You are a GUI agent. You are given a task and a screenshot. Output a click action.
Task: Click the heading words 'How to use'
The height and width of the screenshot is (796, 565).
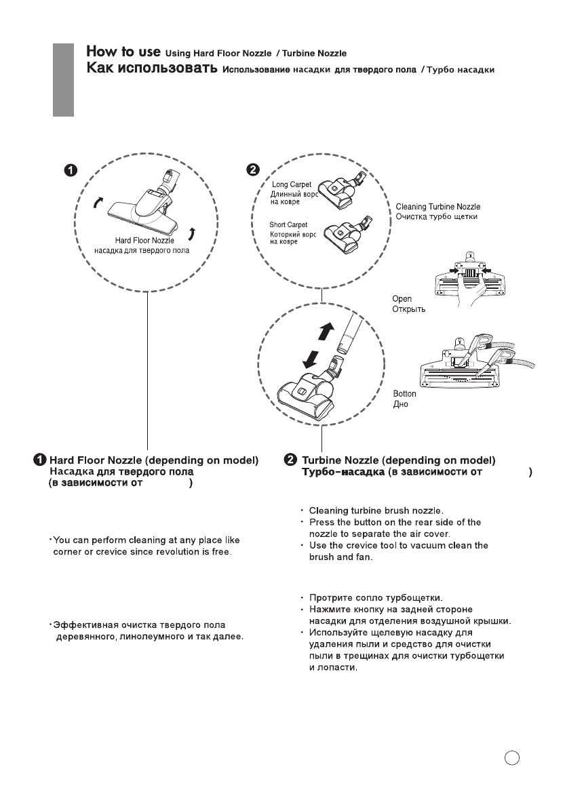click(x=123, y=52)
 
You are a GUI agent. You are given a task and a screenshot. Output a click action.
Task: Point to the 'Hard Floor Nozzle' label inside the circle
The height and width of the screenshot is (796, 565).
click(x=144, y=240)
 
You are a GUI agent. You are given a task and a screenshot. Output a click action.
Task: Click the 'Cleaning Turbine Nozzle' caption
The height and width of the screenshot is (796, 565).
click(x=438, y=206)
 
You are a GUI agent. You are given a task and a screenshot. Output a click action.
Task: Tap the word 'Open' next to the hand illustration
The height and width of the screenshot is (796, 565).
click(x=402, y=298)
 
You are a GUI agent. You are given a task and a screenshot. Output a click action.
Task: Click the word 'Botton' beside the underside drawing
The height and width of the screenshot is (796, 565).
click(x=405, y=394)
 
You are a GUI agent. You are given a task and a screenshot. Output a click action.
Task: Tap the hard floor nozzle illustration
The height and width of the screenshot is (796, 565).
click(x=146, y=203)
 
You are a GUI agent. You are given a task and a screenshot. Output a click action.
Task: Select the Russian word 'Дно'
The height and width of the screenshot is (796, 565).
click(x=402, y=405)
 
